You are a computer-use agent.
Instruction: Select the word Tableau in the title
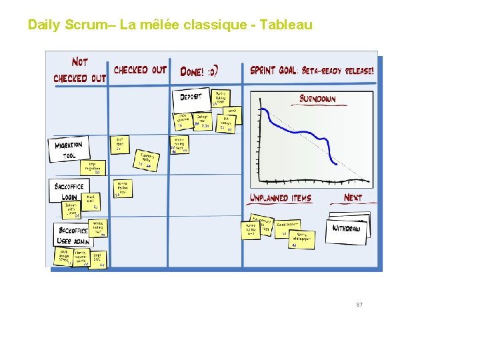pyautogui.click(x=286, y=25)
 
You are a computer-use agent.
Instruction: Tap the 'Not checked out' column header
pyautogui.click(x=79, y=69)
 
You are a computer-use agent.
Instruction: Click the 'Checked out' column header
pyautogui.click(x=140, y=69)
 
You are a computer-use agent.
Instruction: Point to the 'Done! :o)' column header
pyautogui.click(x=199, y=71)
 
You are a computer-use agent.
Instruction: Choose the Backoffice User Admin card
pyautogui.click(x=71, y=233)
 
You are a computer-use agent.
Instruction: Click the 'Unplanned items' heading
pyautogui.click(x=280, y=198)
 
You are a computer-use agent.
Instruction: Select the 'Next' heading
pyautogui.click(x=353, y=197)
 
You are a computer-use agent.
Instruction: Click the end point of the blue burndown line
pyautogui.click(x=337, y=163)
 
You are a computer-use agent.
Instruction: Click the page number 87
pyautogui.click(x=359, y=305)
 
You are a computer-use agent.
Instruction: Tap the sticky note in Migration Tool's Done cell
pyautogui.click(x=181, y=145)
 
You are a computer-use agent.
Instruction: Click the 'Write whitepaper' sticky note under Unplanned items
pyautogui.click(x=302, y=239)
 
